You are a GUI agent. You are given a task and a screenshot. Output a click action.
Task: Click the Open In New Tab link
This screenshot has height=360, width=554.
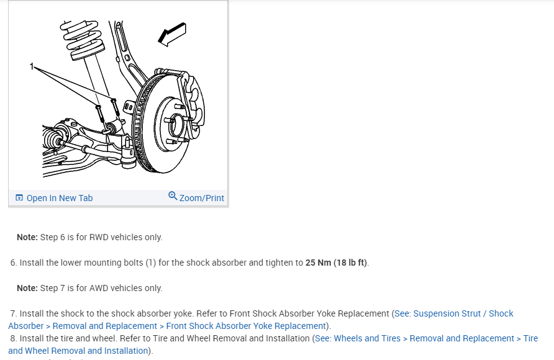(59, 198)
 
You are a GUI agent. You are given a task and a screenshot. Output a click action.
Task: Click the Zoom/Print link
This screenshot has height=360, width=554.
(201, 198)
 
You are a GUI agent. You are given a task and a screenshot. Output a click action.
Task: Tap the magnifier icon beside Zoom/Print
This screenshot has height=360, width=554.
(173, 196)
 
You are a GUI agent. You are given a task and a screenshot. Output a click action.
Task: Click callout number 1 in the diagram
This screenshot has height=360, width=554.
(32, 65)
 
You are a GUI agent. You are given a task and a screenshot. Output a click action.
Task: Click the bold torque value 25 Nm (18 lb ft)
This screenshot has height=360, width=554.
(337, 263)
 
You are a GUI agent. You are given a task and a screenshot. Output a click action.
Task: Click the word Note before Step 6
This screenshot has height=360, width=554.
(27, 237)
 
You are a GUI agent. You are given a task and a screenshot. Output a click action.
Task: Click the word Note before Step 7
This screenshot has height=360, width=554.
(27, 288)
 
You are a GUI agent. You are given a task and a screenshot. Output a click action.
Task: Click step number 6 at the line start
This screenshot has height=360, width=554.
(13, 263)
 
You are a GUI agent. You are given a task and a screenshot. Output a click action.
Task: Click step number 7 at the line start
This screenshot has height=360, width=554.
(13, 313)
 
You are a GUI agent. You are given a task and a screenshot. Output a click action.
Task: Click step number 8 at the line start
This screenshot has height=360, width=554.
(13, 338)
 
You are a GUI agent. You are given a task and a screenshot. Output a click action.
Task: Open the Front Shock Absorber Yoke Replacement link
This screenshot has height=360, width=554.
(246, 326)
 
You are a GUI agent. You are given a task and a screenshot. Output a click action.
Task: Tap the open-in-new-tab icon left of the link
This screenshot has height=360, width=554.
(19, 198)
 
